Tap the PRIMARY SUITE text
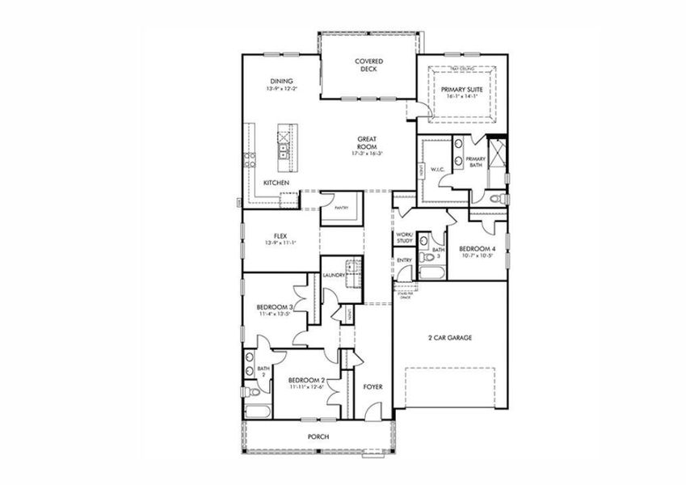click(x=462, y=89)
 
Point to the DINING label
click(x=281, y=81)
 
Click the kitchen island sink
click(x=284, y=148)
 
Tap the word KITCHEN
click(x=276, y=183)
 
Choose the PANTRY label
click(x=341, y=208)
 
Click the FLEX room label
click(x=280, y=235)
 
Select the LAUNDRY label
click(x=334, y=276)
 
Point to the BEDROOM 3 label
click(x=274, y=307)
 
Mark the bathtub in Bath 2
click(x=256, y=411)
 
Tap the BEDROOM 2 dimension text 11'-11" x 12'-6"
click(x=306, y=386)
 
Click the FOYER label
click(x=372, y=386)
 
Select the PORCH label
click(x=318, y=437)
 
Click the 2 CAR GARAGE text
click(x=449, y=338)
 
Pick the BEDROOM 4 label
click(x=477, y=248)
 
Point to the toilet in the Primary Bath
click(x=498, y=197)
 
